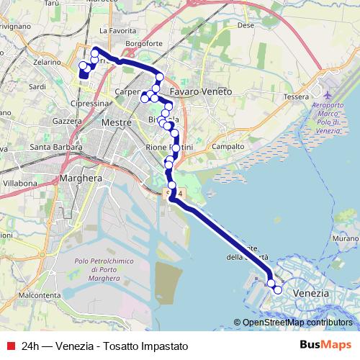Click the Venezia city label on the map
312,294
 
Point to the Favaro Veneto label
201,92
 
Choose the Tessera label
297,96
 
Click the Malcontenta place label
39,295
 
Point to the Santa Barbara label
55,148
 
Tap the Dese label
246,24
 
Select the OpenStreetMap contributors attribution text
297,323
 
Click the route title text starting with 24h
105,346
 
